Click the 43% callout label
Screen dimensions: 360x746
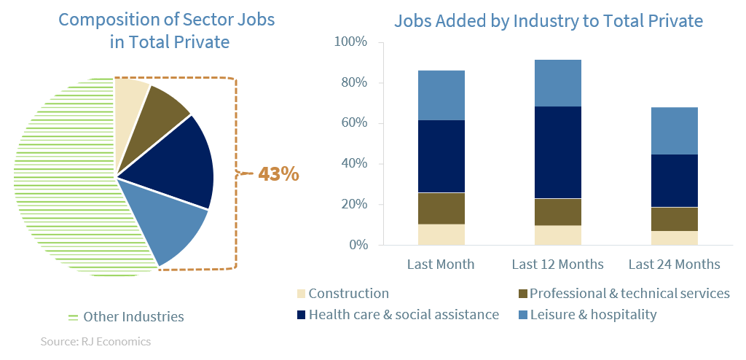[x=278, y=175]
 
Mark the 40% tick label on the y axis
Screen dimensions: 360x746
[x=353, y=164]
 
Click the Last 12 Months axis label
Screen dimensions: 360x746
[x=557, y=264]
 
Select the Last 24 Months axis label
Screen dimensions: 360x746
[x=674, y=264]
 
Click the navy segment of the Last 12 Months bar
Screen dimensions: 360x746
[x=557, y=152]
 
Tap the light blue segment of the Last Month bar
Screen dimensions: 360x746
[x=441, y=95]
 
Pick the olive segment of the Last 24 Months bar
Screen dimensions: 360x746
[x=674, y=219]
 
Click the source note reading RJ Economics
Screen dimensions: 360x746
[x=95, y=341]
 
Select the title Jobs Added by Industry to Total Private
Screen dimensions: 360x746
[x=548, y=21]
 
